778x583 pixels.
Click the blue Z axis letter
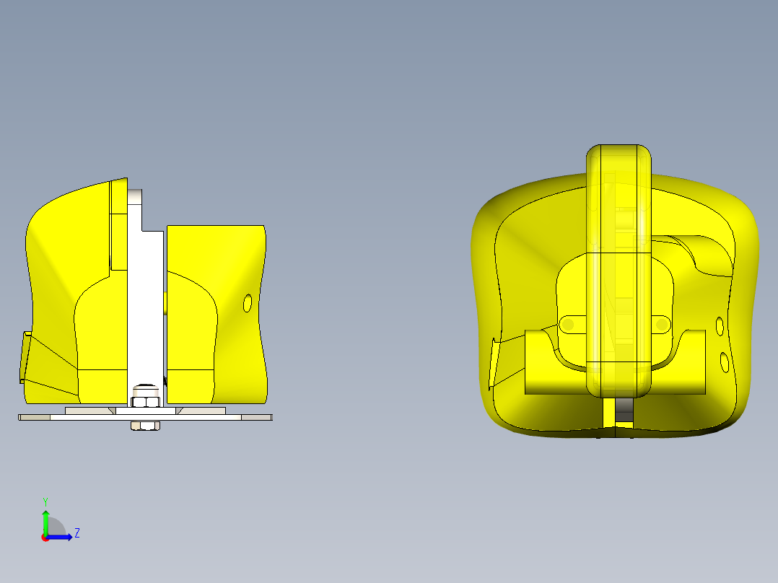point(77,533)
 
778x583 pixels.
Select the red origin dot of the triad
point(45,538)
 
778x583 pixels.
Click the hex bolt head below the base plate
point(145,426)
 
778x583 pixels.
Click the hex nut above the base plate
point(147,400)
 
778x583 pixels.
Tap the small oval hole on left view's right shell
point(248,303)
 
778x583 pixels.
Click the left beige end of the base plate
point(33,417)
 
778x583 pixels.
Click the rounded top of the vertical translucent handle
point(619,153)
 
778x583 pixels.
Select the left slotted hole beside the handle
point(569,325)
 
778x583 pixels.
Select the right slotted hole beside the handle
point(661,325)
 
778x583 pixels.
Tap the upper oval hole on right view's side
point(720,326)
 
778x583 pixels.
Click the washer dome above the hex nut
point(147,387)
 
